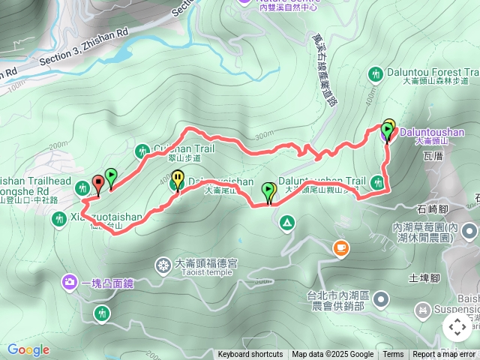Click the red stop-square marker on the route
[x=97, y=182]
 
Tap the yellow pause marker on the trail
[x=177, y=178]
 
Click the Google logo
[x=28, y=350]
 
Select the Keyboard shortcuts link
[x=250, y=355]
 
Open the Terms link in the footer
[x=393, y=355]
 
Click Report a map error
[x=445, y=355]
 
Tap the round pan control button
[x=457, y=327]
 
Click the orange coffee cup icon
[x=340, y=247]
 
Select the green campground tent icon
[x=286, y=223]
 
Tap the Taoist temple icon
[x=163, y=265]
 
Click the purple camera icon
[x=70, y=283]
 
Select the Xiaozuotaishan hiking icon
[x=59, y=219]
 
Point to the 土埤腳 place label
[x=423, y=277]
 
